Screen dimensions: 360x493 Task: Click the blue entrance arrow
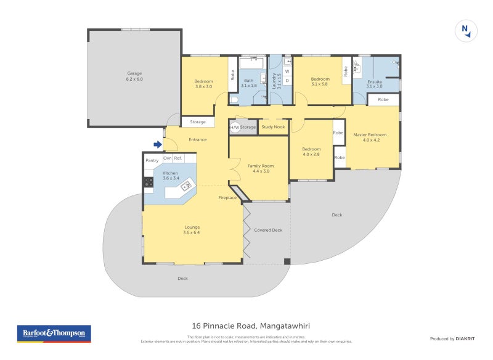click(x=157, y=145)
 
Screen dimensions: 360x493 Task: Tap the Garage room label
click(x=134, y=76)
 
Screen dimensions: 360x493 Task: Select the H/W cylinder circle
click(x=234, y=128)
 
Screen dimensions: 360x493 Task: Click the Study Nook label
click(x=273, y=128)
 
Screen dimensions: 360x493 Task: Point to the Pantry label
click(x=152, y=160)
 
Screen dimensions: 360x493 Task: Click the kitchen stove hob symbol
click(x=149, y=182)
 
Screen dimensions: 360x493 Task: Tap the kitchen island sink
click(x=185, y=186)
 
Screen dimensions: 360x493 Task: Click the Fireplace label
click(x=227, y=198)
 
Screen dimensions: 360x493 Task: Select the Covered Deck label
click(x=268, y=230)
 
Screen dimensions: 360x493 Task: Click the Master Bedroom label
click(x=370, y=137)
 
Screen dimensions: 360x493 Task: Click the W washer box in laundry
click(x=287, y=72)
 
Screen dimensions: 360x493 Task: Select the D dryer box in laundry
click(x=287, y=80)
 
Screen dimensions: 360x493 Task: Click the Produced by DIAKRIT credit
click(x=453, y=338)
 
